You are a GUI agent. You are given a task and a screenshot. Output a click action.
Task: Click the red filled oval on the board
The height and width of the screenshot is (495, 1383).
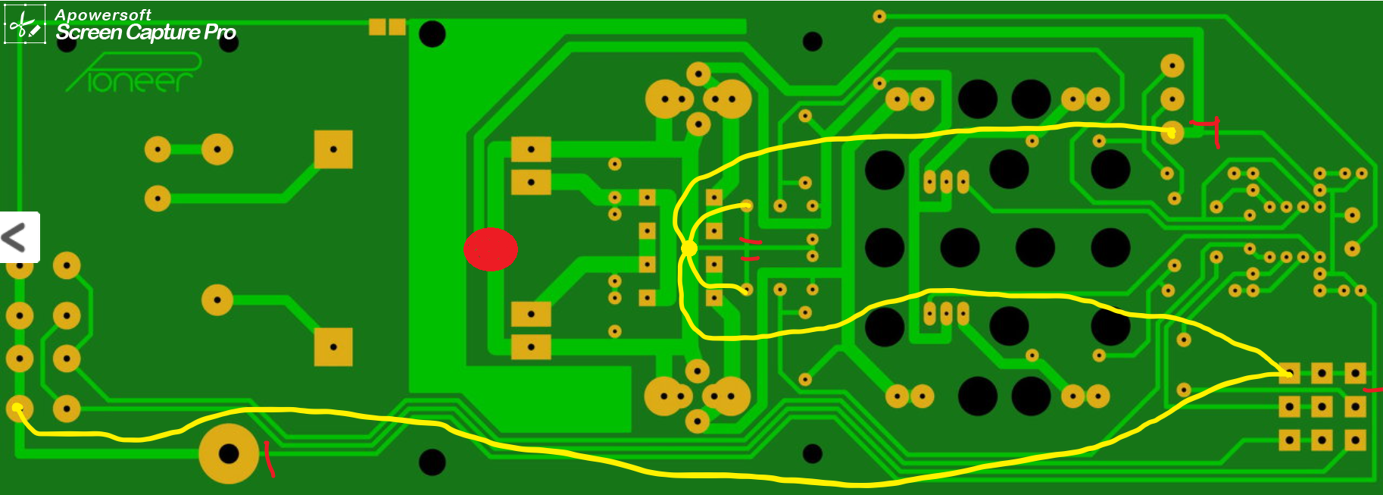(490, 249)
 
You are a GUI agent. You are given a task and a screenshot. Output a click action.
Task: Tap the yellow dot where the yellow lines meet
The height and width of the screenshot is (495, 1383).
(689, 248)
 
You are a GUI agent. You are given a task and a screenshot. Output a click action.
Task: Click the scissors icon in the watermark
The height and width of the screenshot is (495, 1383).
(25, 25)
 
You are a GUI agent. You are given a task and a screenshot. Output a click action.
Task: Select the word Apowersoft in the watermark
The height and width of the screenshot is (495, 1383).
(103, 14)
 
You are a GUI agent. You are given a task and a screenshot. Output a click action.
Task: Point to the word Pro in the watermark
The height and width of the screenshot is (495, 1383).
(220, 33)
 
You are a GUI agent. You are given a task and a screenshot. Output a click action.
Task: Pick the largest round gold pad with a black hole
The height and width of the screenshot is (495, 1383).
(229, 453)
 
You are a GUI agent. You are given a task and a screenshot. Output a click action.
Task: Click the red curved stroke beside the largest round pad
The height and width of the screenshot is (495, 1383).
(269, 459)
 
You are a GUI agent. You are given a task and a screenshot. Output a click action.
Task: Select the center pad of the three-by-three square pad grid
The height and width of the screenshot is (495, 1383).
(1322, 407)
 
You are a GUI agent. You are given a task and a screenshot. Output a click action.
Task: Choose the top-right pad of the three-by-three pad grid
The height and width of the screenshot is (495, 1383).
(1355, 373)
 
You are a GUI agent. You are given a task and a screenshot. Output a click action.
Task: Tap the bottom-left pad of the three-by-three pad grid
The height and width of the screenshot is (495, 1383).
(1289, 440)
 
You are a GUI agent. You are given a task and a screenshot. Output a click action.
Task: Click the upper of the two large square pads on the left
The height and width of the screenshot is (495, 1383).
(333, 149)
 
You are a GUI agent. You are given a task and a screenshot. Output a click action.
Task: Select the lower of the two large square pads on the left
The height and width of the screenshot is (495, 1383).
(333, 347)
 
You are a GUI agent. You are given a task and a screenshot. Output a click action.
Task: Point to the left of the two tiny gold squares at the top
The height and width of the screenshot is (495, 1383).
(377, 27)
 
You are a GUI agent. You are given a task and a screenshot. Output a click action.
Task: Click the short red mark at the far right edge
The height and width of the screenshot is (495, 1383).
(1372, 390)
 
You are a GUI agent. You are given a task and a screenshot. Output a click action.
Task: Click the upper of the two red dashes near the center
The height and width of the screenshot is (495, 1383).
(750, 242)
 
